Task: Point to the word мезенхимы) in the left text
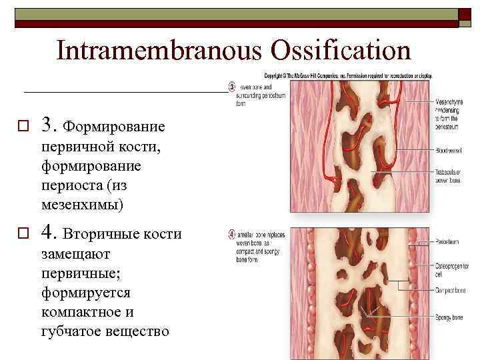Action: click(83, 205)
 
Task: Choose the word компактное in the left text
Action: click(87, 312)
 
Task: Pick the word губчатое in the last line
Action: click(73, 331)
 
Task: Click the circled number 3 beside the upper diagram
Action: click(232, 86)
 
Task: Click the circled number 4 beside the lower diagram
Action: click(232, 234)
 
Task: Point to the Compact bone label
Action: click(451, 291)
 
